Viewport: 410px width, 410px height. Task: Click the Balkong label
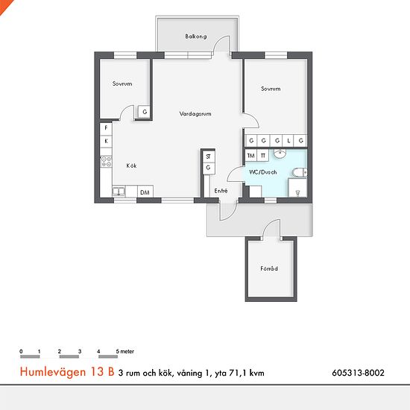pos(196,37)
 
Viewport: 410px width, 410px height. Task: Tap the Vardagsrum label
pos(195,114)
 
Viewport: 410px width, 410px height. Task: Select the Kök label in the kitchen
pos(131,165)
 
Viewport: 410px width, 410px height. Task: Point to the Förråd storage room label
pos(269,268)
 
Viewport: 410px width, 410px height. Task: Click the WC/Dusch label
pos(263,172)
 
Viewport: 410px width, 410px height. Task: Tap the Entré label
pos(221,191)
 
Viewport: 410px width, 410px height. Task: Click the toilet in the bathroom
pos(300,173)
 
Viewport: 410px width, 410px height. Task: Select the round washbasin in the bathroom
pos(280,154)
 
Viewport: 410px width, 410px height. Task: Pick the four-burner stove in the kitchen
pos(107,161)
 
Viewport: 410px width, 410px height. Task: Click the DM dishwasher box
pos(145,192)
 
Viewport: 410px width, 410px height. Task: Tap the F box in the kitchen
pos(106,129)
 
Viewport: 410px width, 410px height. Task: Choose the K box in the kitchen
pos(106,142)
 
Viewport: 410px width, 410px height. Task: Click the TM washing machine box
pos(251,156)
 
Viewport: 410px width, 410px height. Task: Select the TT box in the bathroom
pos(263,156)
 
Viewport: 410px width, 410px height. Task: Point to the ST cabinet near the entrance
pos(209,157)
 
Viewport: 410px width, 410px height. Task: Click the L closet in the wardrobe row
pos(288,141)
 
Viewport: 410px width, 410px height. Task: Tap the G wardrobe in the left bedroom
pos(145,112)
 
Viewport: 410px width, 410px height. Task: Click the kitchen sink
pos(119,192)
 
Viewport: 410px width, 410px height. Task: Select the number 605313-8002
pos(359,373)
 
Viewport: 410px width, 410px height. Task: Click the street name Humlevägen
pos(53,372)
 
